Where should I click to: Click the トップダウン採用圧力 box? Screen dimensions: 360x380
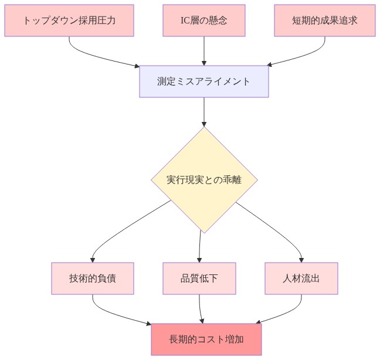[69, 21]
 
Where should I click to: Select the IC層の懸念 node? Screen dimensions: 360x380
[203, 21]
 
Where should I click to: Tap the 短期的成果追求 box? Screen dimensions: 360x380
[324, 21]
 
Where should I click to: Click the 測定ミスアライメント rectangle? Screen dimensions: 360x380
[203, 81]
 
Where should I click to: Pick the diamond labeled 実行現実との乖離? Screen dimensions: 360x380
[204, 180]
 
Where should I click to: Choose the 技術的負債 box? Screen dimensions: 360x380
[93, 278]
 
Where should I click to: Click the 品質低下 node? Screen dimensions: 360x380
[199, 278]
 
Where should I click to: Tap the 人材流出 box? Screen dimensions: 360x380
[301, 278]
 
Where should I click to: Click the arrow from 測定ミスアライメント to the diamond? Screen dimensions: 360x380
[203, 111]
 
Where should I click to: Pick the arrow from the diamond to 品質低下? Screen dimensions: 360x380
[200, 246]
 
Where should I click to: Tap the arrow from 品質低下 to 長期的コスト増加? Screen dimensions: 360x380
[201, 308]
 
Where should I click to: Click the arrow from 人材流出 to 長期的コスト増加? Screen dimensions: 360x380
[287, 314]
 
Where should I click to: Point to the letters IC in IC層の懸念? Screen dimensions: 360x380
[185, 21]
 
